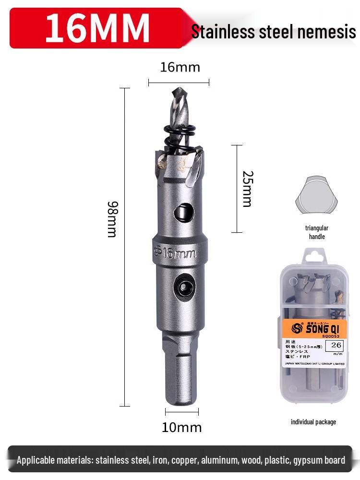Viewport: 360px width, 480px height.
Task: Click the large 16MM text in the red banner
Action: tap(97, 28)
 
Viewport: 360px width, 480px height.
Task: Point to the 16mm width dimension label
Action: tap(180, 67)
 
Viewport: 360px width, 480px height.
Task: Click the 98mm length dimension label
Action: tap(112, 219)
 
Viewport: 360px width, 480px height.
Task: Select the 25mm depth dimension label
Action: tap(247, 189)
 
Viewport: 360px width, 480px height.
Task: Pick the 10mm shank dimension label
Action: tap(181, 427)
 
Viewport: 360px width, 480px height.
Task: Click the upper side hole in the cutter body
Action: tap(183, 211)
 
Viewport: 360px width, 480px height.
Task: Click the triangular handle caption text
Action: tap(317, 232)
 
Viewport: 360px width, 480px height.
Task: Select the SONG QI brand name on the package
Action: tap(320, 329)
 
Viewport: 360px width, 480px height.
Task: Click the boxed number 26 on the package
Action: tap(336, 345)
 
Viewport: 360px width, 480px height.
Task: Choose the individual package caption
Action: tap(313, 422)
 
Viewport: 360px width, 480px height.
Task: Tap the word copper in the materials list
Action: tap(183, 460)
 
